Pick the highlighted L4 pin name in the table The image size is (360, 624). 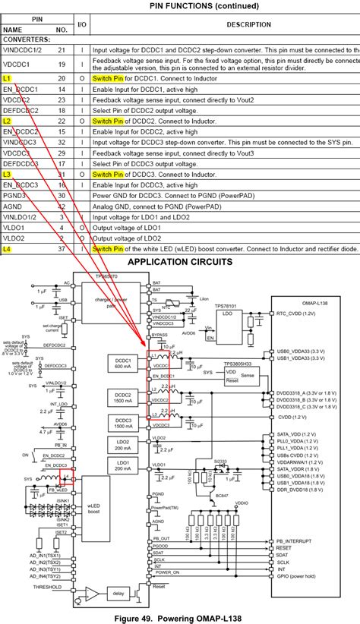(8, 248)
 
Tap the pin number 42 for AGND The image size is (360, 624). (62, 206)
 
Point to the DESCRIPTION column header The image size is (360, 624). (227, 24)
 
